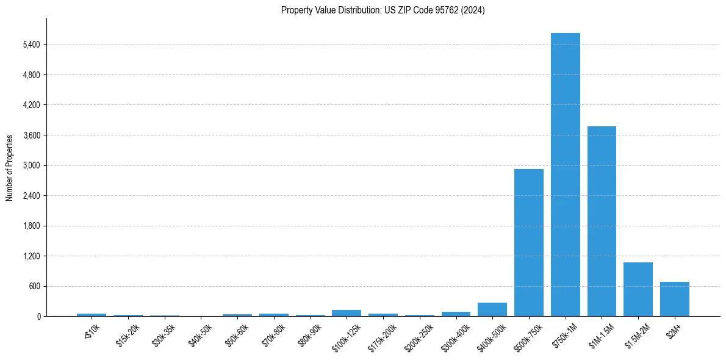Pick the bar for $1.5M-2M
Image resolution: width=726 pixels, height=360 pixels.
(x=638, y=289)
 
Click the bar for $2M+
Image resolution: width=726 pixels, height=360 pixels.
(x=674, y=299)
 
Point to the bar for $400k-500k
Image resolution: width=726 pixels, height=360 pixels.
(x=492, y=309)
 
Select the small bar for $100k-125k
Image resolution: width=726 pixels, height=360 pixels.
(x=346, y=313)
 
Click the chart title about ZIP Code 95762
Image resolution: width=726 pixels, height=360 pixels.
(x=383, y=10)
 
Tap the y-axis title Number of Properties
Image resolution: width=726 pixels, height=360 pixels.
(x=10, y=168)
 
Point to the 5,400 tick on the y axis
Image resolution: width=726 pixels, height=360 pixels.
(x=31, y=45)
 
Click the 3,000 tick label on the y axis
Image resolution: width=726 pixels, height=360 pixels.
(x=31, y=165)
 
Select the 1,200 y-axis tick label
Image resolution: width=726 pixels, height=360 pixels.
(x=31, y=256)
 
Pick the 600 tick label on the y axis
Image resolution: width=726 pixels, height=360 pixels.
(x=34, y=286)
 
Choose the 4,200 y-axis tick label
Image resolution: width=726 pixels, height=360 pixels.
(x=31, y=105)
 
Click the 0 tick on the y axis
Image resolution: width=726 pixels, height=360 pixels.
(x=38, y=317)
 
